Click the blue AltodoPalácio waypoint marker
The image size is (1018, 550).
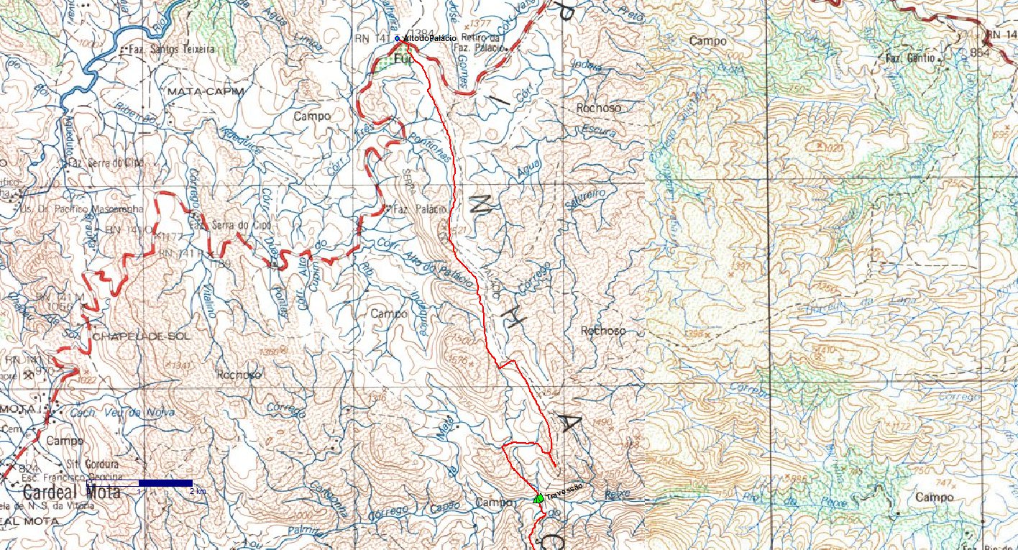(397, 37)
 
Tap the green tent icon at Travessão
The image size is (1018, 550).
(538, 498)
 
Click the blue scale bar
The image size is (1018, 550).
(165, 483)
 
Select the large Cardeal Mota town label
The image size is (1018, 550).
(72, 493)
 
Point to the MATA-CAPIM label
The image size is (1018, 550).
(196, 92)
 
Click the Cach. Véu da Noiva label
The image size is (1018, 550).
(121, 412)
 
